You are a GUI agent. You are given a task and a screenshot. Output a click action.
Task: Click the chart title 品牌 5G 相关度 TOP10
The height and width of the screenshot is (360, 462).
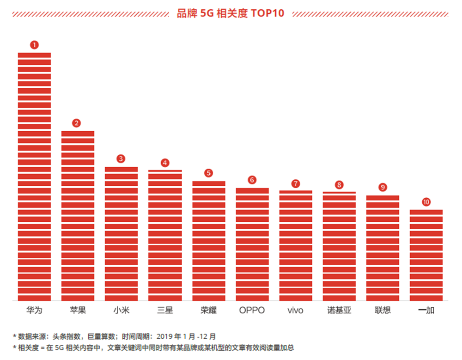pyautogui.click(x=231, y=13)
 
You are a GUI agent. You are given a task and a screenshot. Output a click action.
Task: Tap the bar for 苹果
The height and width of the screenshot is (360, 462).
pyautogui.click(x=78, y=215)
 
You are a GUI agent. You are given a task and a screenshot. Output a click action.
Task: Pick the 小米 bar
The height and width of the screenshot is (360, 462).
pyautogui.click(x=122, y=233)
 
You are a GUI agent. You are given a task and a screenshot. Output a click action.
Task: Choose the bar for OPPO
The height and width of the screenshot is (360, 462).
pyautogui.click(x=252, y=244)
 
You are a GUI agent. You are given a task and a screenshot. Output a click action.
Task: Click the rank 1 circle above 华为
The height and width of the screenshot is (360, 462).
pyautogui.click(x=34, y=45)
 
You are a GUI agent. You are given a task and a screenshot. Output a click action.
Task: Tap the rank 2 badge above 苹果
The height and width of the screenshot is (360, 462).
pyautogui.click(x=77, y=123)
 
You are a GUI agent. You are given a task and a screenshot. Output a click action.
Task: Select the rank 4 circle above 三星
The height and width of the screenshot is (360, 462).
pyautogui.click(x=165, y=163)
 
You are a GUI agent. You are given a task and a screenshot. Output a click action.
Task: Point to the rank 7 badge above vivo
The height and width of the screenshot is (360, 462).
pyautogui.click(x=296, y=183)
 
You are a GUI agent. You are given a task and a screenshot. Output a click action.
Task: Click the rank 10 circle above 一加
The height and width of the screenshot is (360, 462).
pyautogui.click(x=426, y=202)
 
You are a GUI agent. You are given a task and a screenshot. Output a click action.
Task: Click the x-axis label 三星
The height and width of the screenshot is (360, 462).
pyautogui.click(x=165, y=310)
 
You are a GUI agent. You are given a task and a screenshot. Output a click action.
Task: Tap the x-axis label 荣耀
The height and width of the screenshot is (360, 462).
pyautogui.click(x=209, y=310)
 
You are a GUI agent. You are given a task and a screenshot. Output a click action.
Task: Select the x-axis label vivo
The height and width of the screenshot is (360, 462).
pyautogui.click(x=296, y=311)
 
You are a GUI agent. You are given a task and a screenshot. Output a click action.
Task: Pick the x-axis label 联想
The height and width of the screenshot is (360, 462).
pyautogui.click(x=383, y=310)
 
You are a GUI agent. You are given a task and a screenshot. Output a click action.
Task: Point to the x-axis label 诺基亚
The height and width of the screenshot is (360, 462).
pyautogui.click(x=339, y=310)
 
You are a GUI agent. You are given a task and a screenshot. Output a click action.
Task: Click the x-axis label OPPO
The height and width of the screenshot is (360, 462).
pyautogui.click(x=252, y=310)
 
